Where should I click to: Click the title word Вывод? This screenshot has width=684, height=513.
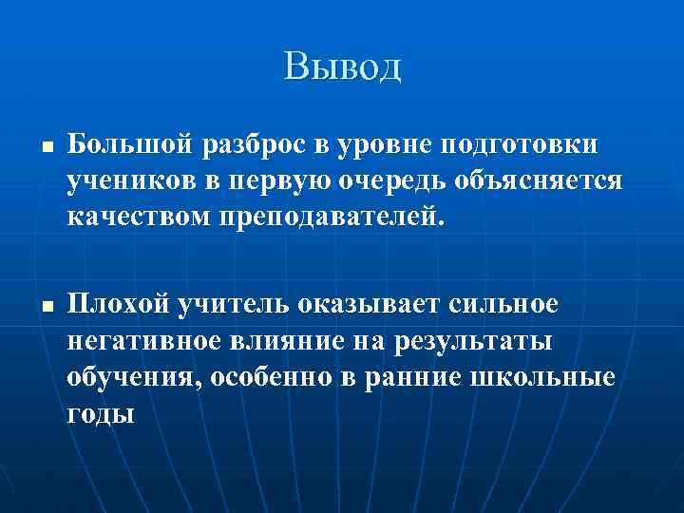pos(342,67)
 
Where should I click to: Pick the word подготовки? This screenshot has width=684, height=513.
pos(517,144)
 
